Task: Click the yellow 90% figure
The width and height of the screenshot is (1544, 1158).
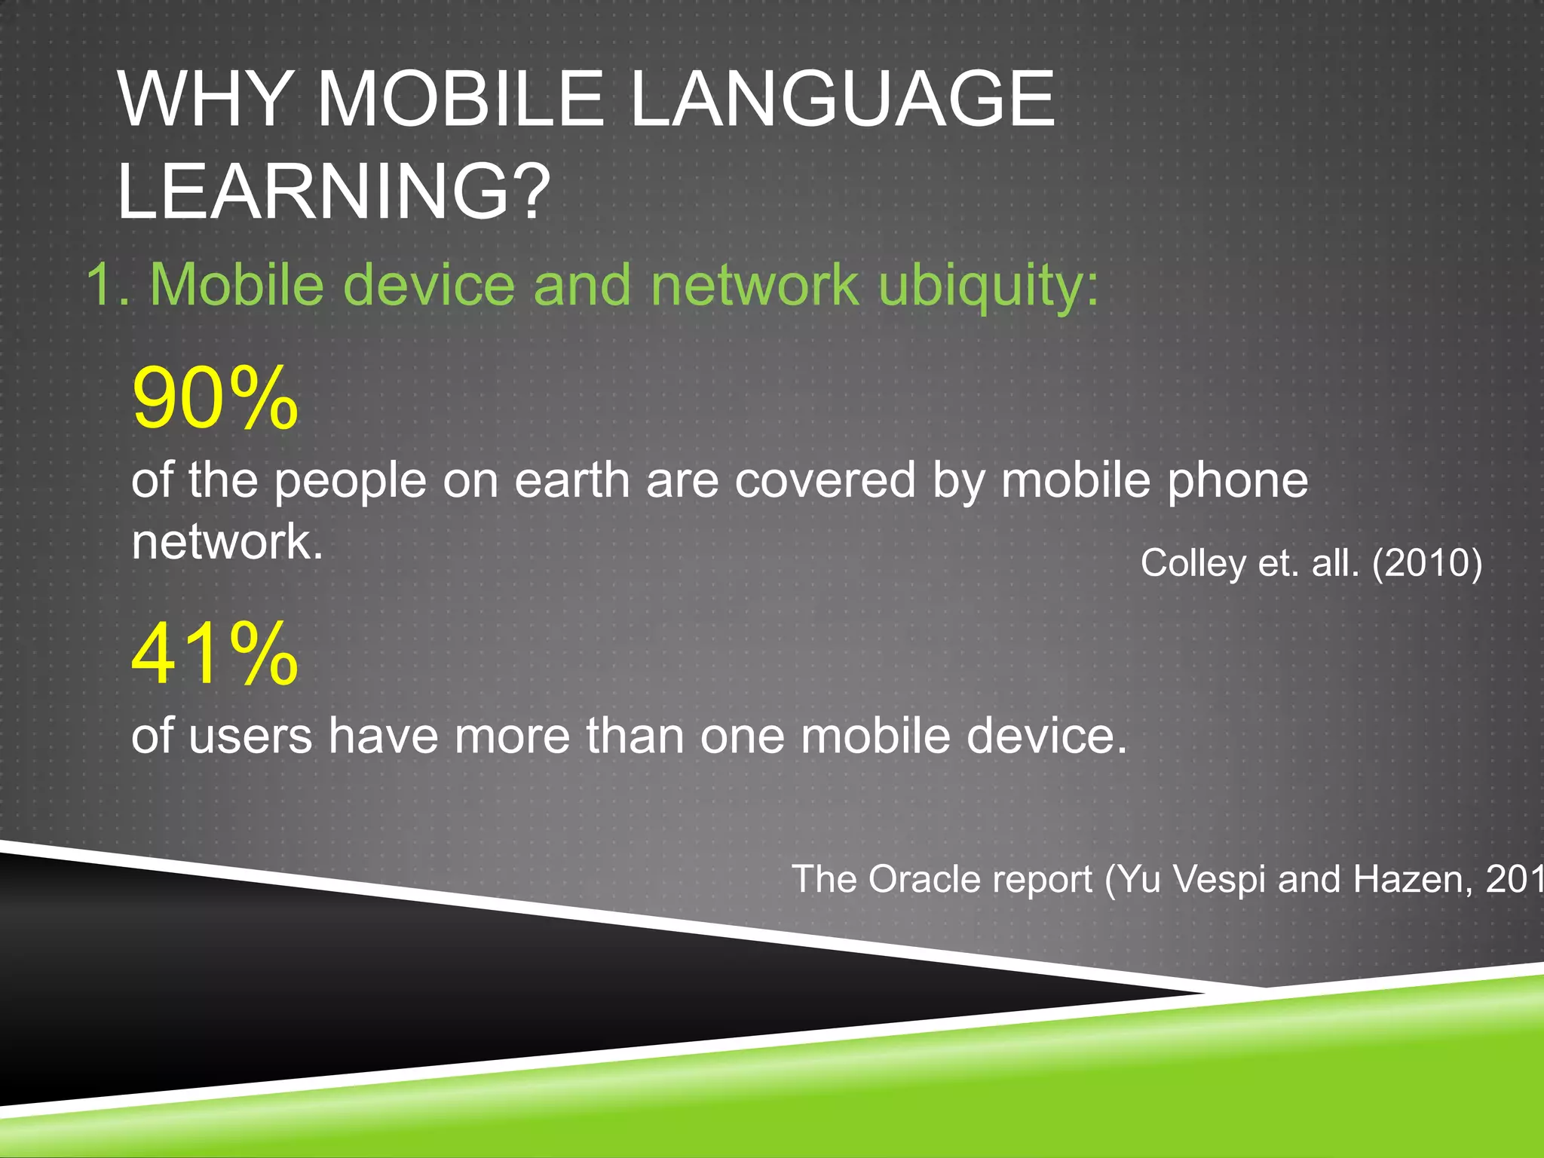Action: (x=215, y=397)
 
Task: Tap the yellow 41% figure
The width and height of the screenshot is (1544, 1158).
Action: (x=215, y=654)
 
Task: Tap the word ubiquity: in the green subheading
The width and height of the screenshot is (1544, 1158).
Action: (x=989, y=286)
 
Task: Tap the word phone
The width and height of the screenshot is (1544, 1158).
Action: (x=1237, y=482)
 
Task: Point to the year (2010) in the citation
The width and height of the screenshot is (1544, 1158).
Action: (x=1427, y=563)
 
